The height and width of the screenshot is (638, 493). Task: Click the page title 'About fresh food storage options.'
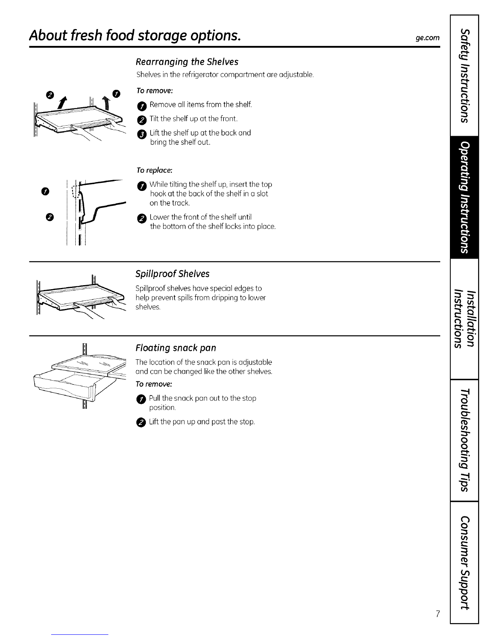(135, 25)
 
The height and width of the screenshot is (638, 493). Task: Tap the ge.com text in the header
(428, 38)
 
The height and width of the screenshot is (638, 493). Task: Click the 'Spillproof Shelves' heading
(172, 274)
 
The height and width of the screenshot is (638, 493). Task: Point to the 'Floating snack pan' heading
(176, 348)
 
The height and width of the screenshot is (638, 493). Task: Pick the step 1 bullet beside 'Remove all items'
(140, 106)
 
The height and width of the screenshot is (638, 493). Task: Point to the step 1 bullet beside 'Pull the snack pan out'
(140, 399)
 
